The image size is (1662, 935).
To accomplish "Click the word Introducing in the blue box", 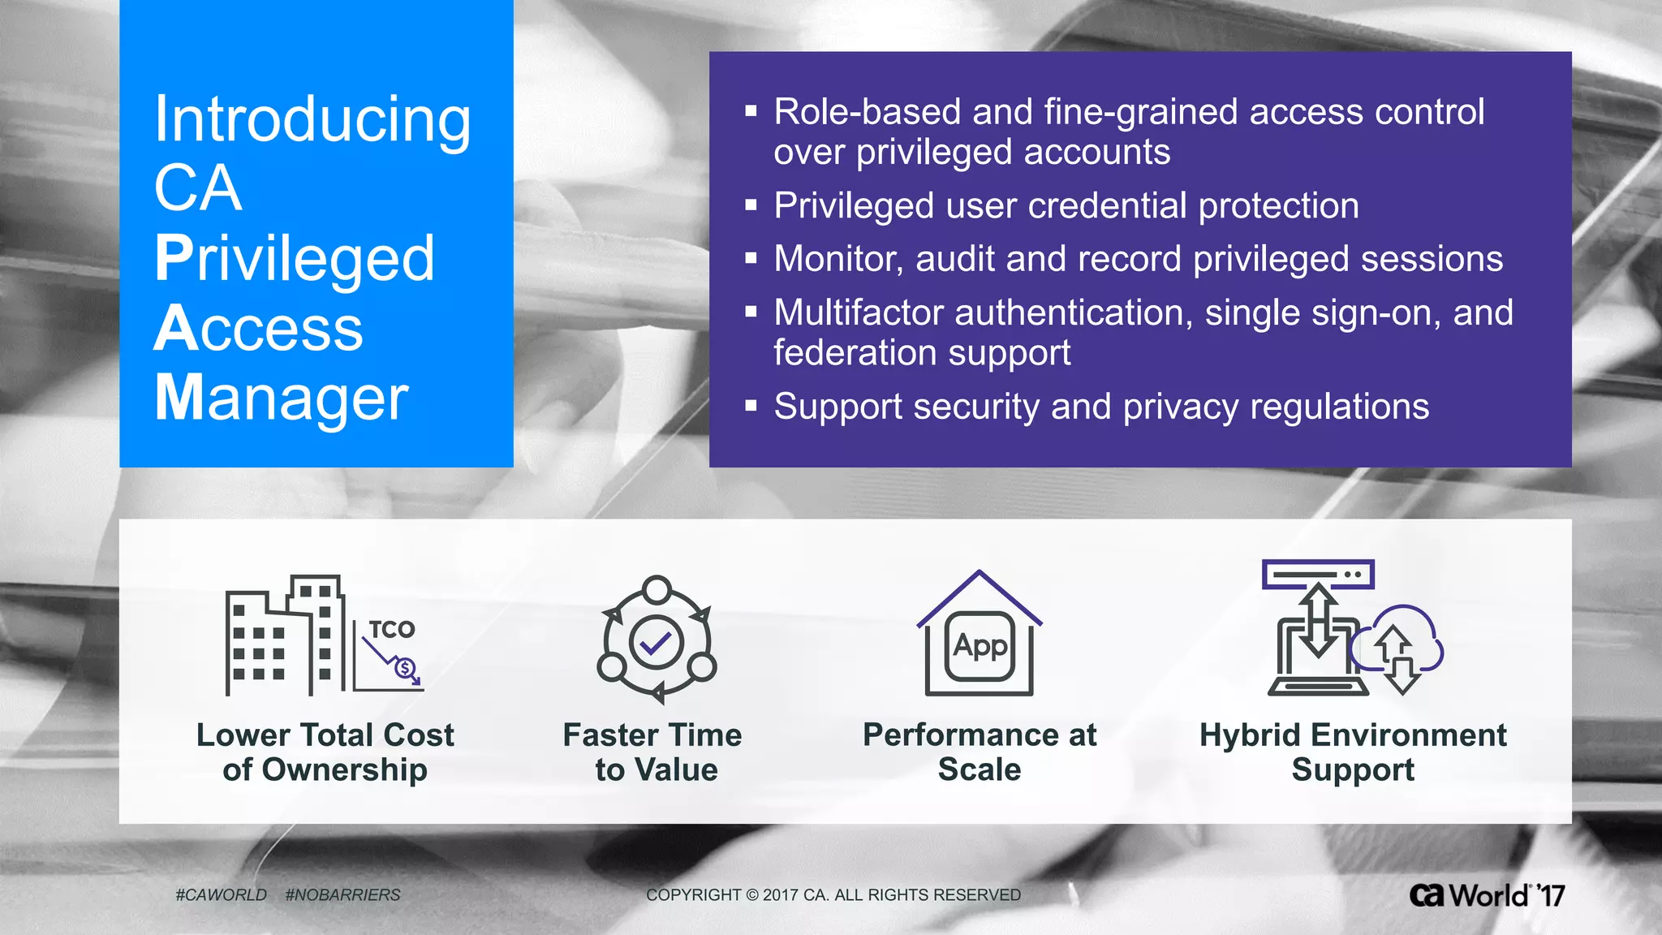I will (312, 120).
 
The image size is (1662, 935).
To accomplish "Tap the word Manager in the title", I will (281, 398).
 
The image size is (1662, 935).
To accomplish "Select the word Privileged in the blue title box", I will (295, 258).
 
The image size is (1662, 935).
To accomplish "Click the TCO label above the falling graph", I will (392, 629).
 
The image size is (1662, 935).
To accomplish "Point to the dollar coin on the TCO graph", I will (404, 669).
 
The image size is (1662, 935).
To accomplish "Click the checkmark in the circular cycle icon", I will (656, 644).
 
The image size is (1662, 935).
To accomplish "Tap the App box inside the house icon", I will (980, 646).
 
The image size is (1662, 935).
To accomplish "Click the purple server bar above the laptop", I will (1317, 575).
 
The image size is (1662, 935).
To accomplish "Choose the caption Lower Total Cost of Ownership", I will (325, 752).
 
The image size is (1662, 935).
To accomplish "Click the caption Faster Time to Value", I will (654, 752).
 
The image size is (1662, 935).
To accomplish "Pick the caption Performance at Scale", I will (980, 752).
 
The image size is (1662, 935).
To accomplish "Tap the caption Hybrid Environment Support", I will (1353, 752).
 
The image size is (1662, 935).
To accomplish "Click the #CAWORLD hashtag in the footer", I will (221, 894).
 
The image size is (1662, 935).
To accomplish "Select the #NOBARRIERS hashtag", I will (342, 894).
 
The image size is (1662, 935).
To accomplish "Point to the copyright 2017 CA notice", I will (833, 894).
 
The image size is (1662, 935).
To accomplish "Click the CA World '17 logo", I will (1487, 895).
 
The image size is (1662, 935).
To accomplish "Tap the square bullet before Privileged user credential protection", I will (751, 206).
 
